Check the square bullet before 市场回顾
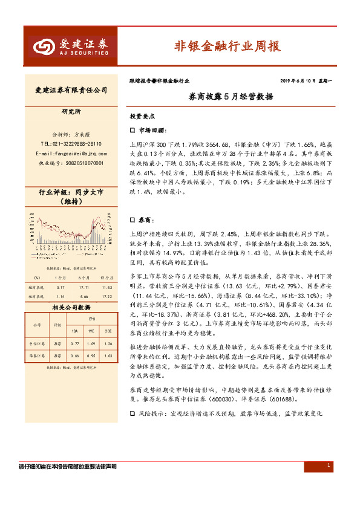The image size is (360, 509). (x=133, y=130)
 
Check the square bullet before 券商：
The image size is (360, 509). (x=133, y=222)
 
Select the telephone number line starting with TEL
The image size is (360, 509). (x=71, y=144)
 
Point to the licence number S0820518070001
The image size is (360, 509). (x=71, y=163)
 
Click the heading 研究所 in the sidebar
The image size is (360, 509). (x=71, y=112)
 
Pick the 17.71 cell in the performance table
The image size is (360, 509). (x=83, y=287)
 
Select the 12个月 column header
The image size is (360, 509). (x=108, y=277)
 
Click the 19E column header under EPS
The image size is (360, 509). (x=92, y=332)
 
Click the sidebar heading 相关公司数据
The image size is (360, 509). (x=71, y=308)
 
